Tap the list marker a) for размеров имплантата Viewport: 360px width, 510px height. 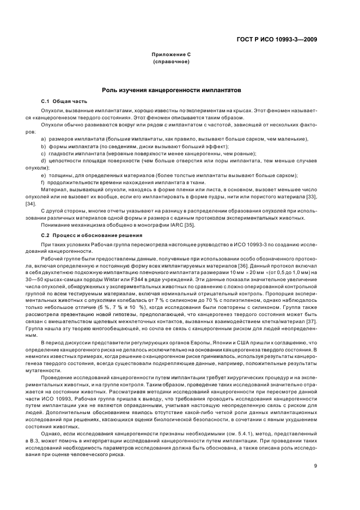click(43, 139)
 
